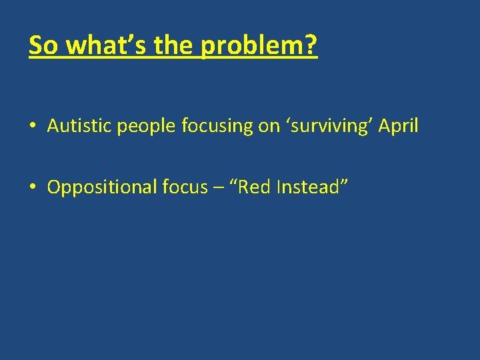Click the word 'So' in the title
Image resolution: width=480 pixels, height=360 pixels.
(43, 45)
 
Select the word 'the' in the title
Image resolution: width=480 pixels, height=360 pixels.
(175, 45)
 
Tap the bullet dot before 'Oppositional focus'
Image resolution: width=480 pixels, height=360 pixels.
(33, 188)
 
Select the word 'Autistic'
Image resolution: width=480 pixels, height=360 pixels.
(79, 126)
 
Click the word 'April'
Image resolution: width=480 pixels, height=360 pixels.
(399, 126)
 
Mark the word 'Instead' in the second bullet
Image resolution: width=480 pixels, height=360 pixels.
(310, 187)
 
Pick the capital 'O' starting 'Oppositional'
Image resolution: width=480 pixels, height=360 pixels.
(53, 187)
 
